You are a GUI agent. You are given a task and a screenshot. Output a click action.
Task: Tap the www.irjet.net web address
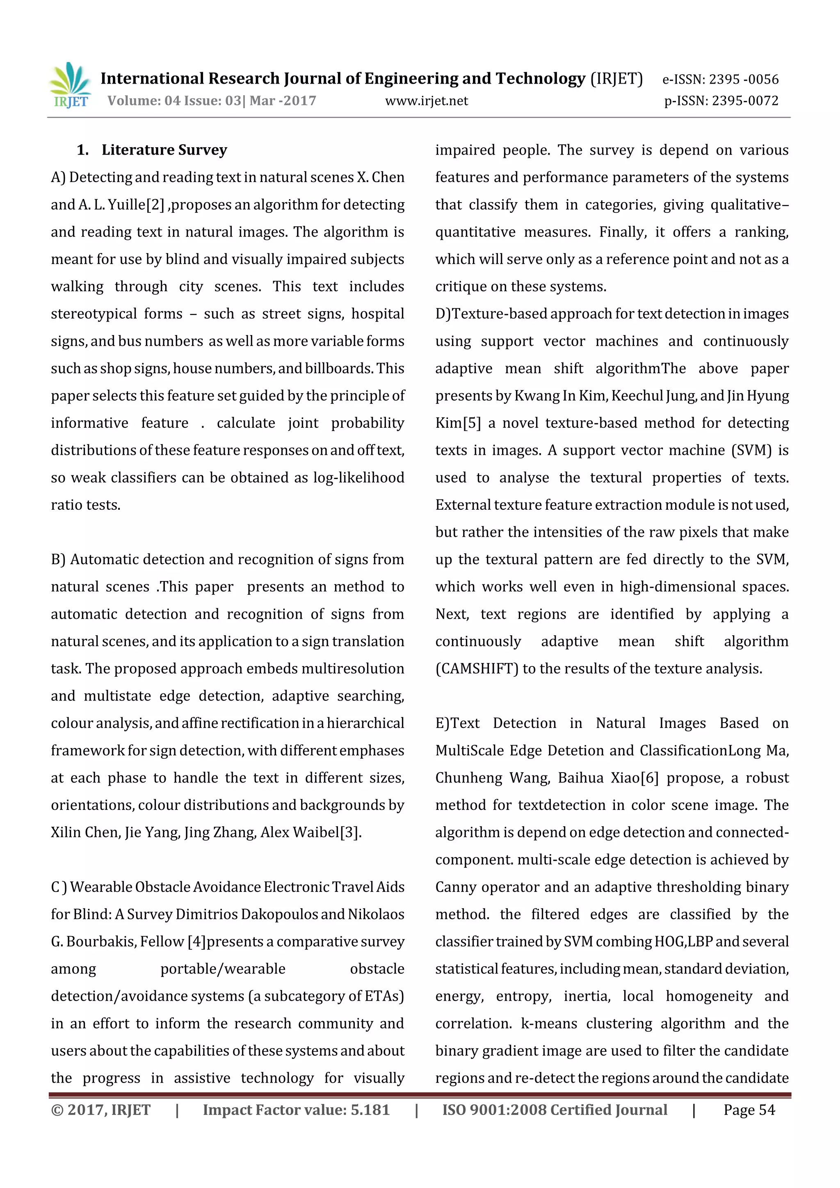coord(427,101)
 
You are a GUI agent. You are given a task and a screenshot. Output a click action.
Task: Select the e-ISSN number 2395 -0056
coord(743,79)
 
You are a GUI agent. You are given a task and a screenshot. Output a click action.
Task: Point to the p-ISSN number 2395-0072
coord(745,101)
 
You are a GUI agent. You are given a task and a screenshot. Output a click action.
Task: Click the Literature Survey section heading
coord(164,150)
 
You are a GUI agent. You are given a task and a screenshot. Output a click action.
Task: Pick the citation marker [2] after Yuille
coord(155,205)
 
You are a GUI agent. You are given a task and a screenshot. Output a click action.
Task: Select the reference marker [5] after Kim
coord(472,423)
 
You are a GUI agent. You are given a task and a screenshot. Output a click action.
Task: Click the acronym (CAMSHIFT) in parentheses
coord(477,669)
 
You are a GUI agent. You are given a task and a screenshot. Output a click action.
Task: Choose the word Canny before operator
coord(455,887)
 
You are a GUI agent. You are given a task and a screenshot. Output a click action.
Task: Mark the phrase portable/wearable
coord(223,969)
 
